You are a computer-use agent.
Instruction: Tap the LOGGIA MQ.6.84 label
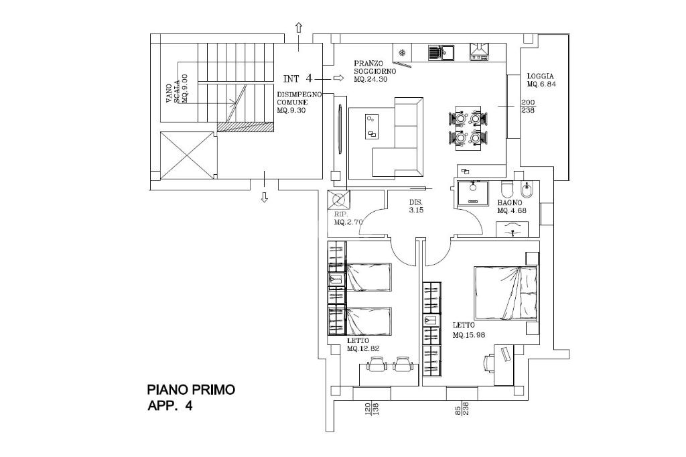tap(541, 80)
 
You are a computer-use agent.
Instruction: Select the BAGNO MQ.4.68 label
tap(511, 206)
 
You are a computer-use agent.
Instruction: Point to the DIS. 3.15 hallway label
tap(416, 206)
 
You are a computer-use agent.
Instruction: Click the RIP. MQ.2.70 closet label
tap(348, 218)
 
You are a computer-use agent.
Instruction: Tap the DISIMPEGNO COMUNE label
tap(299, 103)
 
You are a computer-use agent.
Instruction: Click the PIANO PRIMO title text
tap(191, 389)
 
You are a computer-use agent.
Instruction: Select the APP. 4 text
tap(169, 406)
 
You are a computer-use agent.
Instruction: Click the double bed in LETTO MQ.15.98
tap(506, 293)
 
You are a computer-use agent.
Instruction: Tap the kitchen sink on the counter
tap(441, 53)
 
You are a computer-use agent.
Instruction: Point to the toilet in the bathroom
tap(508, 189)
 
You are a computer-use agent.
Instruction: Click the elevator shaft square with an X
tap(188, 155)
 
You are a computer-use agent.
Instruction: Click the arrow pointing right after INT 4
tap(338, 78)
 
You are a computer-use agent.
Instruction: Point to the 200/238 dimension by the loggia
tap(528, 107)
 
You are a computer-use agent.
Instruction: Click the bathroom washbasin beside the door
tap(512, 229)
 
